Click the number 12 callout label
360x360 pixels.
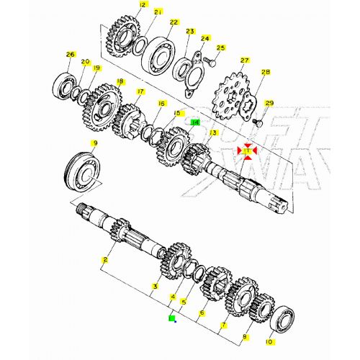pyautogui.click(x=142, y=5)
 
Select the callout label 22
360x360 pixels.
pyautogui.click(x=174, y=22)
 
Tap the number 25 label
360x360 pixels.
pyautogui.click(x=221, y=48)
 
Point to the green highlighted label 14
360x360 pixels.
pyautogui.click(x=194, y=122)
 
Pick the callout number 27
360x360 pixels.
pyautogui.click(x=244, y=60)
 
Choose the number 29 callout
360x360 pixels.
pyautogui.click(x=270, y=104)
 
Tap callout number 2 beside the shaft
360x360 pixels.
pyautogui.click(x=105, y=259)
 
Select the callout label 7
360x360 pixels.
pyautogui.click(x=223, y=325)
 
